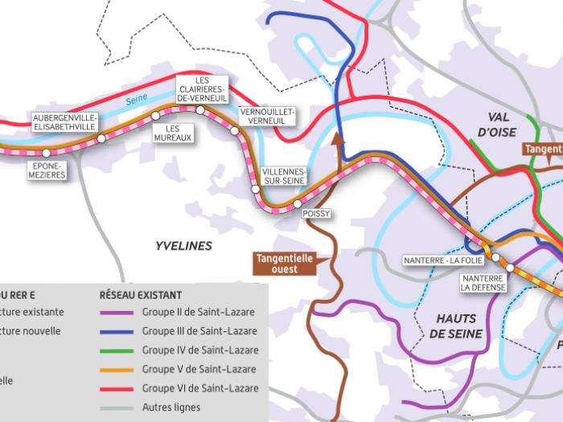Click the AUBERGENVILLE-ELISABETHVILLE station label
point(64,121)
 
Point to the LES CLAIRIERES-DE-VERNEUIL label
point(203,89)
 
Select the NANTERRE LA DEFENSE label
point(482,283)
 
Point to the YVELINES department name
point(183,245)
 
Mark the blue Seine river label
point(137,100)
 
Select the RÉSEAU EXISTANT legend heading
point(140,295)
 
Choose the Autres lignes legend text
point(171,408)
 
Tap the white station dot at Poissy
point(298,203)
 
